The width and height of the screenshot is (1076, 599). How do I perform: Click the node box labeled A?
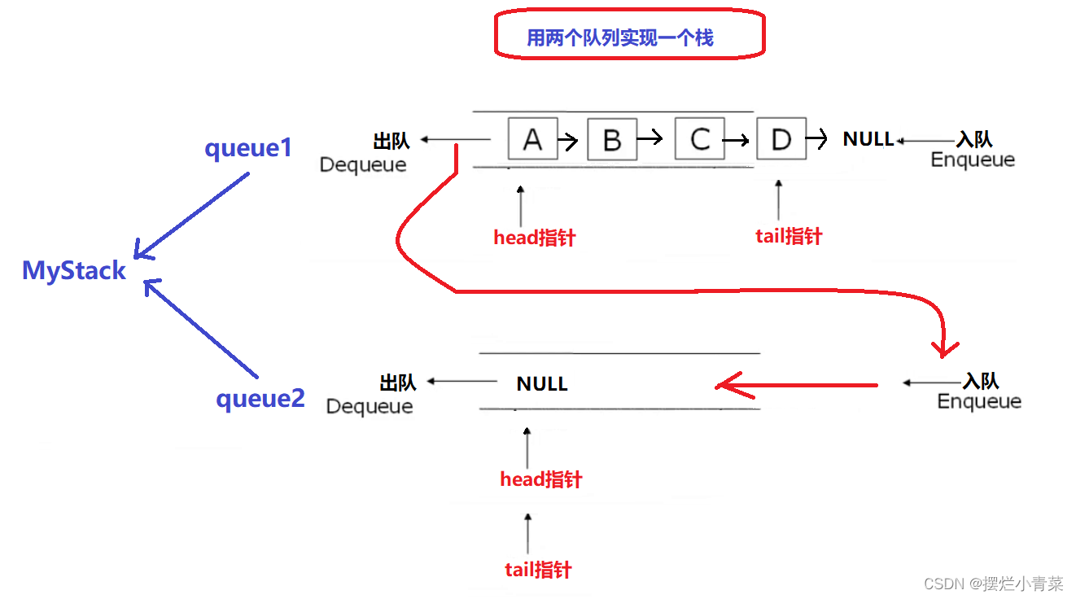532,138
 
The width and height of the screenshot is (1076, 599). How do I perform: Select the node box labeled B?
612,140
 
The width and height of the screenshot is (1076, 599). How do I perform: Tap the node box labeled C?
699,139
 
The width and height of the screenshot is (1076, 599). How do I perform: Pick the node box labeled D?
781,139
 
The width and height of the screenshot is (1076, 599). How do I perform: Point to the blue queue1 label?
247,148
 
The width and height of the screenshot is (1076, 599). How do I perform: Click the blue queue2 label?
260,399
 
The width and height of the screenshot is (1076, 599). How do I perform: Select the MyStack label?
74,270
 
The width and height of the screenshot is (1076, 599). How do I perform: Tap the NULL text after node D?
868,139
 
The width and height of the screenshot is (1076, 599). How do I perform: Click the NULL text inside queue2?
542,383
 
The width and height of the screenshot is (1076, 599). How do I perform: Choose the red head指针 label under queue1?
534,238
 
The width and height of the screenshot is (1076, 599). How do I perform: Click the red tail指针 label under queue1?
789,236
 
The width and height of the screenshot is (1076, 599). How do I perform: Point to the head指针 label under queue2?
540,479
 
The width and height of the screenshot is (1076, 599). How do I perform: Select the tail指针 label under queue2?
538,570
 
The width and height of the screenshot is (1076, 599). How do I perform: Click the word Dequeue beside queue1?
363,164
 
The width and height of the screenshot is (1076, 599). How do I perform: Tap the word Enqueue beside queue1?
973,160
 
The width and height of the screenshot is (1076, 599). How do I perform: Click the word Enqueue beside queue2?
979,401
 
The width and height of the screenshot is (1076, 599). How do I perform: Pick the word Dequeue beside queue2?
370,406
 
